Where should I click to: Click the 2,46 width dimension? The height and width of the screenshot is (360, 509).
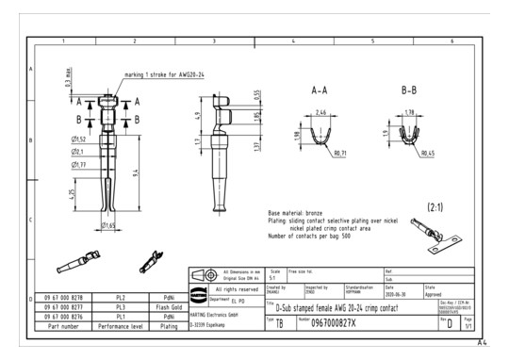(x=319, y=111)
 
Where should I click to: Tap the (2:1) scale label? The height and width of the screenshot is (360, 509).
(x=437, y=205)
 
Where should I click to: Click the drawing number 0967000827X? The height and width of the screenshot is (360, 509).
(x=340, y=322)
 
